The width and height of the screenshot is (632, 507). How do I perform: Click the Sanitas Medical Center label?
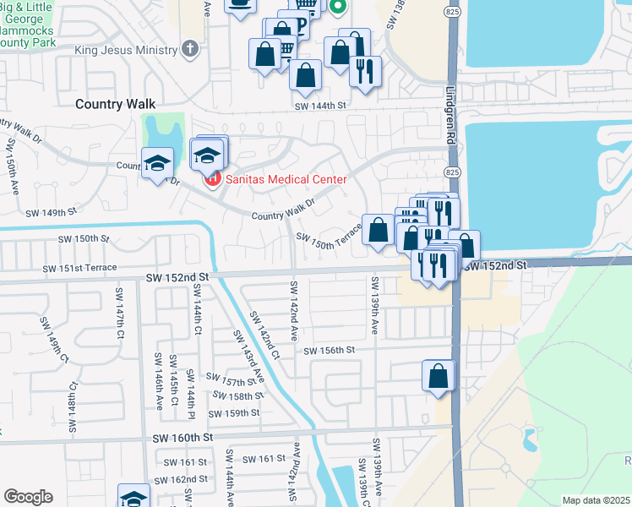point(286,179)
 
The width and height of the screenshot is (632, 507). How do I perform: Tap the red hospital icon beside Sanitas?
point(212,179)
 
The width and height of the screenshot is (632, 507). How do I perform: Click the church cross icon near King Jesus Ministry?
point(190,49)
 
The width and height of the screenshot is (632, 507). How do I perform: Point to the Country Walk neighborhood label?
point(115,103)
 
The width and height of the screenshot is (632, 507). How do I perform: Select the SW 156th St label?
point(329,350)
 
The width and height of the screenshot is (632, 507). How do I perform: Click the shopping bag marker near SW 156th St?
point(439,376)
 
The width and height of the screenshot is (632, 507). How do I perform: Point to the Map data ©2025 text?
point(596,500)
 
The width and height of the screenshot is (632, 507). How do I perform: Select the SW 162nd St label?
point(185,479)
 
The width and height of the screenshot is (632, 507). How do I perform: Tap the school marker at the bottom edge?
point(133,497)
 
